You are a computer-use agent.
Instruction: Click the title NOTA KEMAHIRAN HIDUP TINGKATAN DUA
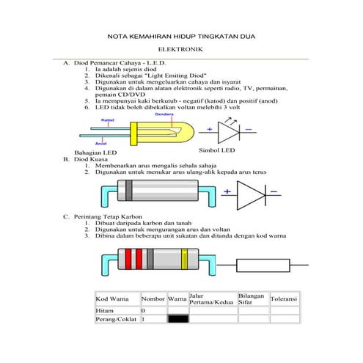181,34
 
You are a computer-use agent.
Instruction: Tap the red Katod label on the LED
106,119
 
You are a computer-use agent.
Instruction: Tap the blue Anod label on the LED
103,143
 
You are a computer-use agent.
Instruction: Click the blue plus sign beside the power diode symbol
227,191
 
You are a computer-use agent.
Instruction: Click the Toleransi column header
284,300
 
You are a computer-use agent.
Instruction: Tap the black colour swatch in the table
177,320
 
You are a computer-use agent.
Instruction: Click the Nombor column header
153,300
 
